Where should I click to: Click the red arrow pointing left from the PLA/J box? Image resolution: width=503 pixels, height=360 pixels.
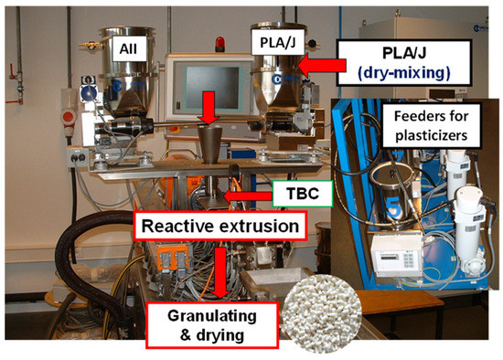point(322,63)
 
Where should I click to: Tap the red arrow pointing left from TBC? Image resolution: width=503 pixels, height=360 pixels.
point(249,194)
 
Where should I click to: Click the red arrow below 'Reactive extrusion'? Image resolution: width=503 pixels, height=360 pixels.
point(221,270)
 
